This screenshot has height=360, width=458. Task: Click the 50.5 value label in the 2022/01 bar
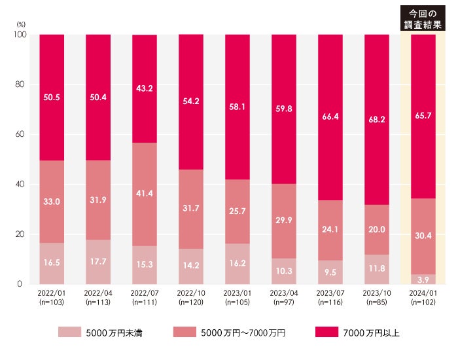52,97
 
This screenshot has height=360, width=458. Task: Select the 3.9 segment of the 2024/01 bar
423,279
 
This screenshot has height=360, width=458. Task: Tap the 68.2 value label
376,119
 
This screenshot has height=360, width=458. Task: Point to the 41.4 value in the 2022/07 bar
145,194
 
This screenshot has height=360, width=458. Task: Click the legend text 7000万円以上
371,333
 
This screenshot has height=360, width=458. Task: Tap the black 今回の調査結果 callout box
423,18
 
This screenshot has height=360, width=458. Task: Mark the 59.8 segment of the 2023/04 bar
283,109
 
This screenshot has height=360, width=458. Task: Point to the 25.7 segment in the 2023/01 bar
237,211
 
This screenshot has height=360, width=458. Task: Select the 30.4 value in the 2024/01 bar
423,236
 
